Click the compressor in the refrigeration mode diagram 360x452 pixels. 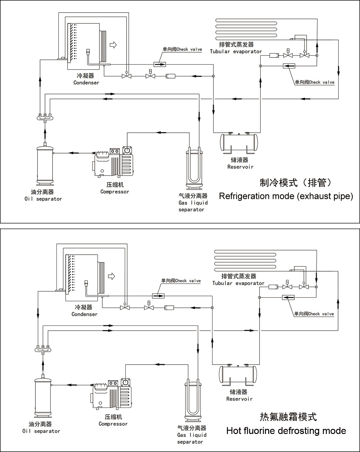pos(113,162)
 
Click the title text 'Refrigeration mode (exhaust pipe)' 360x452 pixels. pos(286,196)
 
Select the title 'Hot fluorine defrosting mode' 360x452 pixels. pos(286,431)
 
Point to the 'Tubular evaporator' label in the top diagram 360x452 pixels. pos(236,51)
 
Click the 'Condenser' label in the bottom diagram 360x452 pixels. pos(84,314)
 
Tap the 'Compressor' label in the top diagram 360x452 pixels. pos(115,192)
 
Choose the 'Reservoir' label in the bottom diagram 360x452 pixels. pos(239,399)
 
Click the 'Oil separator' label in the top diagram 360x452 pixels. pos(43,199)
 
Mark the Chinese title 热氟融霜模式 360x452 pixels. pos(288,417)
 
